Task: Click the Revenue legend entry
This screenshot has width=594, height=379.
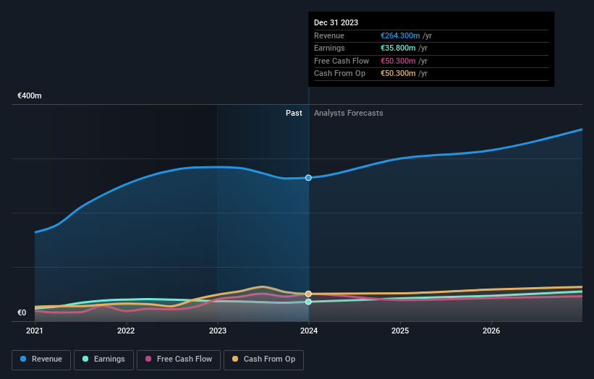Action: [x=41, y=359]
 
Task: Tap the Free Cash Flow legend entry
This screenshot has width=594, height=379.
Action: [x=179, y=359]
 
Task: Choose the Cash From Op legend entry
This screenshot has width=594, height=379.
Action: [x=264, y=359]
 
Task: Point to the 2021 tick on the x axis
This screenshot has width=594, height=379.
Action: [x=35, y=331]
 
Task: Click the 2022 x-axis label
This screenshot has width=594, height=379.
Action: [x=126, y=331]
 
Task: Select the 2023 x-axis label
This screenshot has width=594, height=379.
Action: [x=217, y=331]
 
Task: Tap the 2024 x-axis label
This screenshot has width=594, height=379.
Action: [x=309, y=331]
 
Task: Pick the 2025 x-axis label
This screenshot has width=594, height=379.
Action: [x=400, y=331]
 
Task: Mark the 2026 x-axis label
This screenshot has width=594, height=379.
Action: [x=491, y=331]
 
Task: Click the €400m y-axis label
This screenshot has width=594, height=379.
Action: [x=30, y=96]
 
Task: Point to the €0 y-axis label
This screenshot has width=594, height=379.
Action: [x=22, y=313]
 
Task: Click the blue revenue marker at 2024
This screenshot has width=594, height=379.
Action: [x=309, y=177]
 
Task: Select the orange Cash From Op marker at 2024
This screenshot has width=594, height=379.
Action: [x=309, y=294]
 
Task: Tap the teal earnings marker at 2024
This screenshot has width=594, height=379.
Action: [x=309, y=302]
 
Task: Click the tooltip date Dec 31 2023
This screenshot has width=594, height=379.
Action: [x=336, y=23]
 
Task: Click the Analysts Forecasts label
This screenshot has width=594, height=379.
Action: [x=348, y=113]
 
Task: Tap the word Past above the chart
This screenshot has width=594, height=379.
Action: [x=294, y=113]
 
